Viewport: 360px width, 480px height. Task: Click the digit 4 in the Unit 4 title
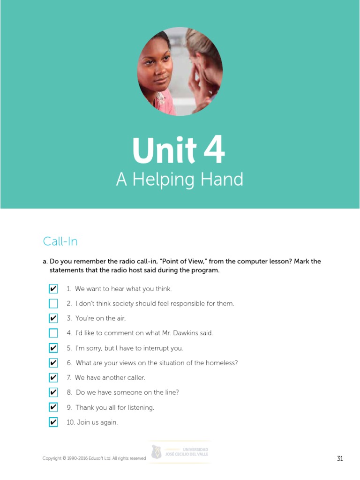tap(214, 151)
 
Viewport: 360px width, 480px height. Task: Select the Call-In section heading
tap(60, 241)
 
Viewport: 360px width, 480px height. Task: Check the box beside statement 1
tap(53, 289)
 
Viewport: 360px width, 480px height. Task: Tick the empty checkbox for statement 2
tap(53, 304)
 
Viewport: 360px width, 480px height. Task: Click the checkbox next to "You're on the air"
tap(53, 318)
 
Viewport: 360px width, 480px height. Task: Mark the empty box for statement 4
tap(53, 333)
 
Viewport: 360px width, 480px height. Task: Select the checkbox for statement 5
tap(53, 348)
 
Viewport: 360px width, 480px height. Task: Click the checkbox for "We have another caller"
tap(53, 378)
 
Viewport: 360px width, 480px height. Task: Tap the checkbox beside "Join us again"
tap(53, 422)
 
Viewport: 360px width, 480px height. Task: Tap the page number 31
tap(340, 458)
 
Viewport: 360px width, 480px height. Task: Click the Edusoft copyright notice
tap(94, 458)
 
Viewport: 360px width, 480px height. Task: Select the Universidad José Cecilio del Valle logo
tap(180, 452)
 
